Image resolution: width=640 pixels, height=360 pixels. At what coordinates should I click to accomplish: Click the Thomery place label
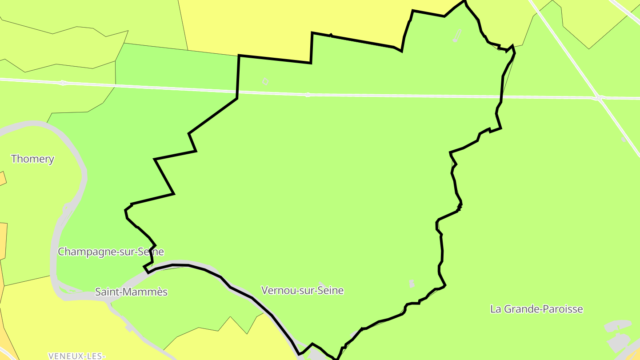32,159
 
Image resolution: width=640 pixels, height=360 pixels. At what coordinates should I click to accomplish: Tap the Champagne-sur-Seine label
111,252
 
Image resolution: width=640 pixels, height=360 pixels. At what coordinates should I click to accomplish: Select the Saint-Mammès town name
131,292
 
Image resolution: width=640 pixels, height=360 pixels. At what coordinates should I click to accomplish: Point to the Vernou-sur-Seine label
302,291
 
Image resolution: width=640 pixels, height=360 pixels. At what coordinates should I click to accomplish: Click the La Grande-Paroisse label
536,309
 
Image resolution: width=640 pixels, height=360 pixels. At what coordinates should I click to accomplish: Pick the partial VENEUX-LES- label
76,356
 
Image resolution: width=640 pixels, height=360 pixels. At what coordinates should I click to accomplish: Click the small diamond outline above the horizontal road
265,81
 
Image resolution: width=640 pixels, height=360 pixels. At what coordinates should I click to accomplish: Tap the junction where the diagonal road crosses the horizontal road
600,98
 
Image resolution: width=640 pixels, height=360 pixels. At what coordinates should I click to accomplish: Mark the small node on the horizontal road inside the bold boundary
308,95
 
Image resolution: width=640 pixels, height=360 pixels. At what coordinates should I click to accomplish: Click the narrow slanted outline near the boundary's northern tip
457,36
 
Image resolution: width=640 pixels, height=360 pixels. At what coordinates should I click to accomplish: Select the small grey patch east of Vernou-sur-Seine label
412,284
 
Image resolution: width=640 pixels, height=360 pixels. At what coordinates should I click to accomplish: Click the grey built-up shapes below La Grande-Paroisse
618,336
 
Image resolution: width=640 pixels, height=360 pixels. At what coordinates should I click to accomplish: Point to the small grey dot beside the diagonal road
623,139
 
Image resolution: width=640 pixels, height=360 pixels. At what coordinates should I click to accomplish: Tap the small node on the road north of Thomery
63,83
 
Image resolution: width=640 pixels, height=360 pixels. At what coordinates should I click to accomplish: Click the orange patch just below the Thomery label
2,178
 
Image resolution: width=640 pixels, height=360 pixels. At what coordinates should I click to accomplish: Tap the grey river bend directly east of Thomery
83,178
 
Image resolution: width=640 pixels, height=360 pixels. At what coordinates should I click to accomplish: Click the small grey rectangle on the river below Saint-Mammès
129,328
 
